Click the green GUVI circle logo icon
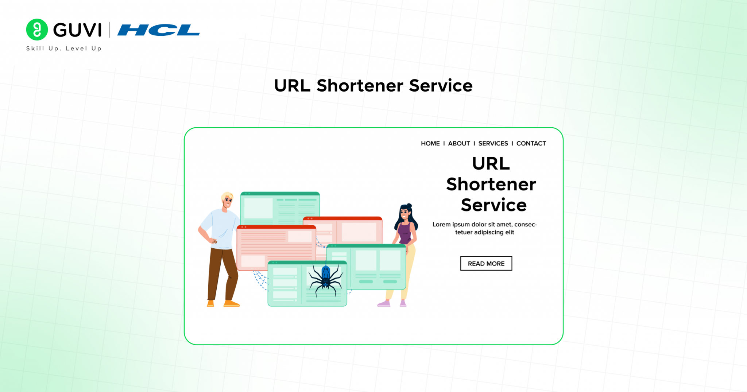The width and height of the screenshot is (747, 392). tap(37, 30)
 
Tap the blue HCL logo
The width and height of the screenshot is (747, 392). tap(158, 30)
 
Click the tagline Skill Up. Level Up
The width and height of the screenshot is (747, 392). tap(64, 48)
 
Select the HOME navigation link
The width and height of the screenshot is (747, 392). tap(430, 143)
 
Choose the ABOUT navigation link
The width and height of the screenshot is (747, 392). tap(459, 143)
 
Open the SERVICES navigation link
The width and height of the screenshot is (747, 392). tap(493, 143)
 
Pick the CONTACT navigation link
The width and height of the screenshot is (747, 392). tap(531, 143)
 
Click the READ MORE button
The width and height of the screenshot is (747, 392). tap(486, 263)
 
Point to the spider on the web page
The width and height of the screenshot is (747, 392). tap(326, 279)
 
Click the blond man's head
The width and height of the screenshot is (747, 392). tap(227, 200)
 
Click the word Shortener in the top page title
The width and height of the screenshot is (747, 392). tap(360, 86)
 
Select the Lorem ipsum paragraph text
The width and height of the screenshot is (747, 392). tap(485, 228)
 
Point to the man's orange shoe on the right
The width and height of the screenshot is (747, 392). tap(231, 303)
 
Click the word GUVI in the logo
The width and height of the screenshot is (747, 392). tap(77, 30)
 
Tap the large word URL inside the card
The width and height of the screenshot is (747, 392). tap(491, 163)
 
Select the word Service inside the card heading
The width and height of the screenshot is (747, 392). tap(494, 205)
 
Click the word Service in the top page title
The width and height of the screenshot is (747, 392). tap(441, 86)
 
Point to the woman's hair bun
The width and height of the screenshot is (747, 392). tap(409, 206)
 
